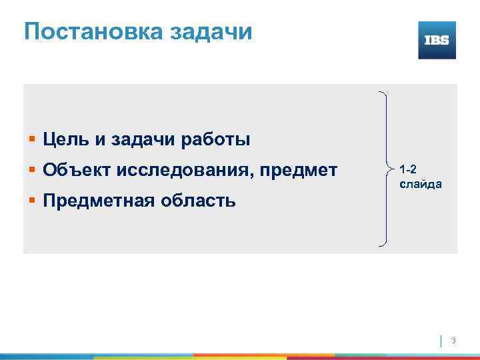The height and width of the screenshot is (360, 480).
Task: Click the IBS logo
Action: click(x=437, y=40)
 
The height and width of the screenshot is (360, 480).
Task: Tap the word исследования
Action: click(x=183, y=169)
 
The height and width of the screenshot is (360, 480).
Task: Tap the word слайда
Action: click(x=419, y=183)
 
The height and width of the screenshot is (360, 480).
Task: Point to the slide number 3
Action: click(x=453, y=341)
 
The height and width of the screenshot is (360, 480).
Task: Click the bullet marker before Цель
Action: click(x=32, y=139)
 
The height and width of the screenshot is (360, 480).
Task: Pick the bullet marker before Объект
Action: click(x=32, y=169)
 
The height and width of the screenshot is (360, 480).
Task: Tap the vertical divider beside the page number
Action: click(x=441, y=341)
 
